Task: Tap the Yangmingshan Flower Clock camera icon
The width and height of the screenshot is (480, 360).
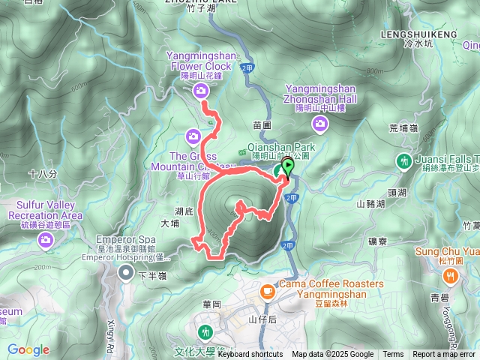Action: [x=200, y=91]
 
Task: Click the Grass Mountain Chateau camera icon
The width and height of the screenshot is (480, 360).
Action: [x=193, y=136]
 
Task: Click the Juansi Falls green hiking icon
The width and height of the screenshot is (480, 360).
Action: [x=405, y=160]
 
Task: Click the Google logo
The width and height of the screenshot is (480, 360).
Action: [x=28, y=349]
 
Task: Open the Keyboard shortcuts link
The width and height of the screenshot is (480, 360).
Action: [x=250, y=355]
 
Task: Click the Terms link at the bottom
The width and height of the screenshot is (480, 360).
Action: [x=393, y=355]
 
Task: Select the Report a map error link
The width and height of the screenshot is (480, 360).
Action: [x=443, y=355]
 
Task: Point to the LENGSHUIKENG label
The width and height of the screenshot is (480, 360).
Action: [x=418, y=34]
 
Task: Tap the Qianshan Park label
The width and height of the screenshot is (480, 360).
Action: [x=281, y=148]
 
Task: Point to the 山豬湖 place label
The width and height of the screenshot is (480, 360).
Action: [x=370, y=203]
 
